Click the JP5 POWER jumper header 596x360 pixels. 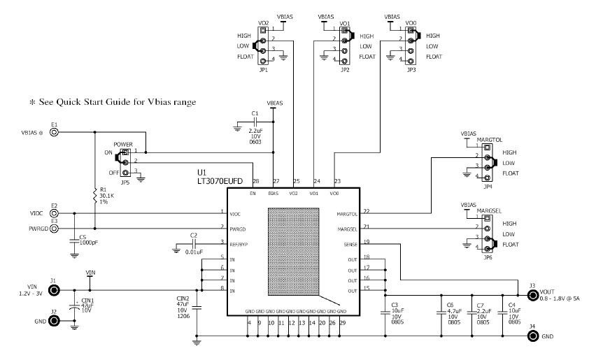(125, 162)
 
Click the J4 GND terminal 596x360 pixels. (532, 336)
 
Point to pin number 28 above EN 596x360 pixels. (256, 182)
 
